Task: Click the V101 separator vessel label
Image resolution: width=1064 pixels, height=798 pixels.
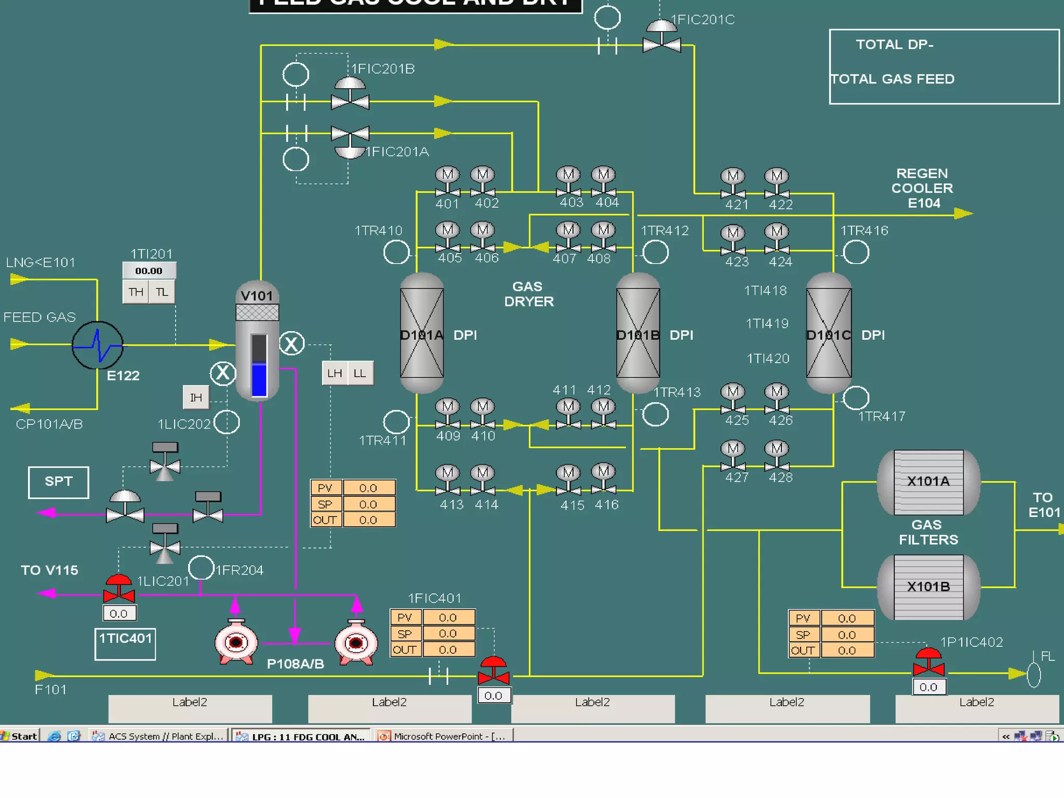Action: tap(257, 296)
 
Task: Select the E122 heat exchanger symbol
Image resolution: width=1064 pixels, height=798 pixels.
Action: tap(98, 345)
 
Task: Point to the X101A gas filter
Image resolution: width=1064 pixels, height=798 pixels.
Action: tap(928, 482)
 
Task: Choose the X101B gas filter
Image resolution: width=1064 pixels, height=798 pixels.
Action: tap(928, 587)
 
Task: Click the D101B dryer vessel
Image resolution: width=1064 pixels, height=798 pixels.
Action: tap(638, 332)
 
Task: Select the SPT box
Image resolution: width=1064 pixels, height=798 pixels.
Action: tap(59, 482)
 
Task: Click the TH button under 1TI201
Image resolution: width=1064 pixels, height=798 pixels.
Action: tap(136, 292)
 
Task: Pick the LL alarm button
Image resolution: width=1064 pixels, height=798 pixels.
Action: tap(360, 374)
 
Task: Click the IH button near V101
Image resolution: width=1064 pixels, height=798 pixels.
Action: tap(196, 398)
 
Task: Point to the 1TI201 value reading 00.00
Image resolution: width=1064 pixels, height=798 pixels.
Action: tap(149, 271)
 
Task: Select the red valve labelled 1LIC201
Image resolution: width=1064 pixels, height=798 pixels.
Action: tap(119, 590)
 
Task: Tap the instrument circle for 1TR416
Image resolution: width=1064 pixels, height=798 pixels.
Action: tap(856, 253)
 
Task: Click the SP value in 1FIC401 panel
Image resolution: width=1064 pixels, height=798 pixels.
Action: tap(448, 634)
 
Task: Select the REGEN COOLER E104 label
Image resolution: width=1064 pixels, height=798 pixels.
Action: tap(922, 188)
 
